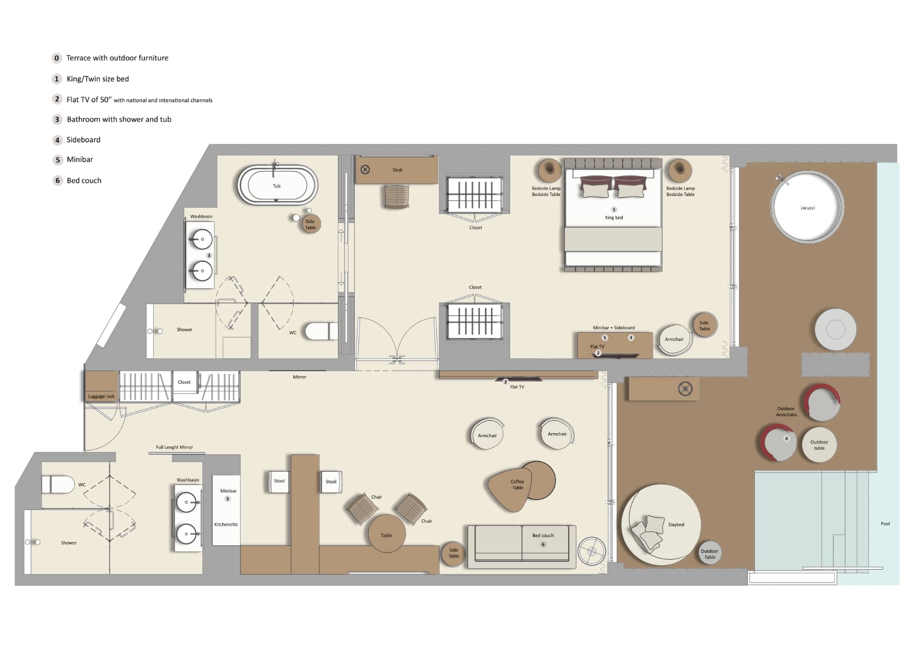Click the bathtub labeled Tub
tap(277, 185)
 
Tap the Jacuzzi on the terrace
tap(807, 207)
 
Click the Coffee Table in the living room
tap(517, 485)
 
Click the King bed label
tap(614, 217)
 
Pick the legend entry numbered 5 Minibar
tap(79, 159)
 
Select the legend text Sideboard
tap(83, 139)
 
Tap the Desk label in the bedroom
tap(397, 170)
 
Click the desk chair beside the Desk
tap(396, 196)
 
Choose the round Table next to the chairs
tap(387, 534)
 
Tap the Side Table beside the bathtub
tap(311, 224)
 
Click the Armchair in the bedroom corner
tap(674, 339)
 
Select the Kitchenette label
tap(226, 524)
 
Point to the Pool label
tap(885, 523)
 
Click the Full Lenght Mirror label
tap(174, 447)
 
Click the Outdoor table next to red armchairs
tap(819, 445)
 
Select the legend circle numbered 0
tap(57, 58)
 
